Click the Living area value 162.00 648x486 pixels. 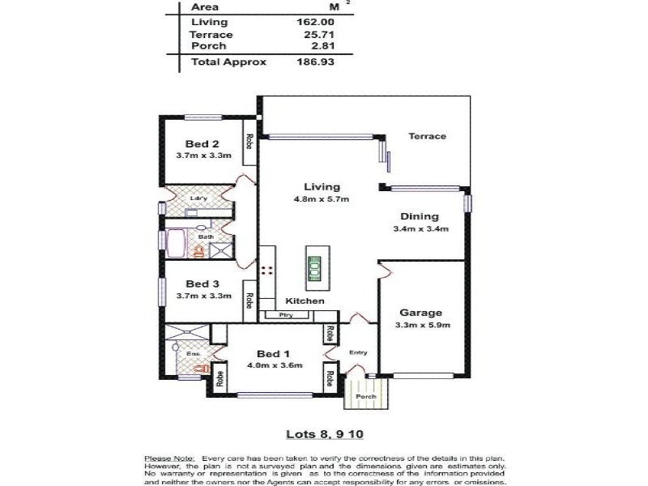[316, 22]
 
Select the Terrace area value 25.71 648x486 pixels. [317, 35]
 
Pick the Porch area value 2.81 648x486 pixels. [320, 46]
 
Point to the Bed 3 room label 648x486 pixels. [202, 283]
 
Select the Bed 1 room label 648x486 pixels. [272, 353]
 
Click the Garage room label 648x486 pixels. [420, 313]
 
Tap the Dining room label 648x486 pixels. [420, 216]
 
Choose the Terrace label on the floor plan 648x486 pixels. [426, 136]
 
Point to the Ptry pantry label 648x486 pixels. [284, 315]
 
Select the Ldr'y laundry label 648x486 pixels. [196, 198]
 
